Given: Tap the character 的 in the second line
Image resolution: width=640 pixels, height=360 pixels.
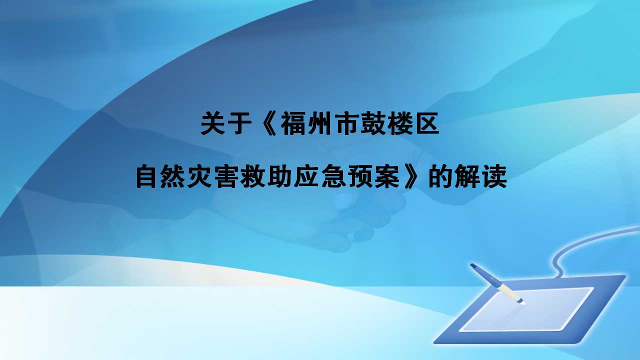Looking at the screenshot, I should [x=440, y=177].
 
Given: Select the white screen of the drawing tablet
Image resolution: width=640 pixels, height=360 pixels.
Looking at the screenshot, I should [x=525, y=310].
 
